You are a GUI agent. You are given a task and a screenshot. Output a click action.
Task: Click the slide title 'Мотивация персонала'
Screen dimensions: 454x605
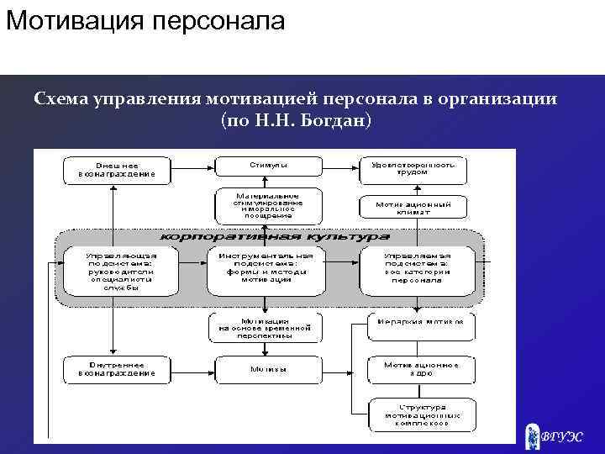(x=145, y=19)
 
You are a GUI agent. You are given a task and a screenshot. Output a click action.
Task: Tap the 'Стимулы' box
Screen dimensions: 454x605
(x=269, y=166)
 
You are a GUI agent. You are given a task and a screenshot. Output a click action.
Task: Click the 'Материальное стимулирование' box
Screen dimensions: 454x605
(x=268, y=205)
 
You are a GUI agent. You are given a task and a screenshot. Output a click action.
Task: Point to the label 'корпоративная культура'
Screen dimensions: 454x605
(x=269, y=237)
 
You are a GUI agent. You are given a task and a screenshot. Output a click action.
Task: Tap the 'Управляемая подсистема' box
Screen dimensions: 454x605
(x=418, y=269)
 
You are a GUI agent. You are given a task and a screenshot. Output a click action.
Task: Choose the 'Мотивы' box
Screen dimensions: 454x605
(x=267, y=369)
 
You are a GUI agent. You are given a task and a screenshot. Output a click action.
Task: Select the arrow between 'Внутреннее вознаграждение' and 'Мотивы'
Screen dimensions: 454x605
(x=192, y=368)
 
